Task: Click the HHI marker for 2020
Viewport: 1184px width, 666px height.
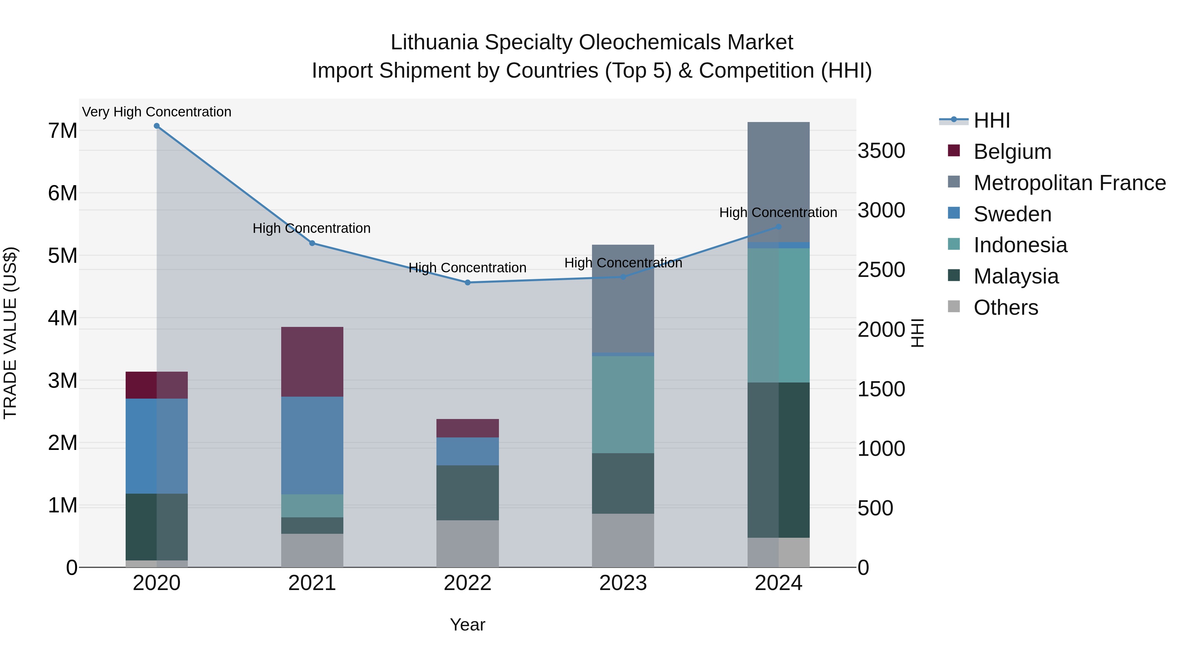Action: click(x=157, y=126)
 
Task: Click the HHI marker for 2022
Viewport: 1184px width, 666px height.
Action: click(x=467, y=283)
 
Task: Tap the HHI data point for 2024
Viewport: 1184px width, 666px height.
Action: click(x=778, y=227)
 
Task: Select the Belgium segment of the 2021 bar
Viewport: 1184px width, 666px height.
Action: click(x=312, y=362)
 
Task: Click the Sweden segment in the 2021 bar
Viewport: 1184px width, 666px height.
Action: click(x=312, y=445)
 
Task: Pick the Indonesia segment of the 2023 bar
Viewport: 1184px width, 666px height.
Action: click(x=623, y=405)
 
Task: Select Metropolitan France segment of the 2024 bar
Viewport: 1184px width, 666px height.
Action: click(x=778, y=182)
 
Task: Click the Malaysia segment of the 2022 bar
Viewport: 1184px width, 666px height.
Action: click(x=467, y=493)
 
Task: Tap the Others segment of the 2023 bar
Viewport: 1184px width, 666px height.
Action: click(x=623, y=540)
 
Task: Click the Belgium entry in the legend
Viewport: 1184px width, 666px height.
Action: click(x=1012, y=152)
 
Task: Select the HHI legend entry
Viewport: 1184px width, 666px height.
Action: click(x=991, y=120)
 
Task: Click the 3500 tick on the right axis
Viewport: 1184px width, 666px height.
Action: click(x=881, y=151)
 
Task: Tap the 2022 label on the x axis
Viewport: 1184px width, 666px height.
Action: click(x=467, y=583)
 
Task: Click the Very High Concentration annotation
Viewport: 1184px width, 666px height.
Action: click(x=157, y=112)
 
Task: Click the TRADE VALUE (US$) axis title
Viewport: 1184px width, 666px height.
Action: click(x=10, y=333)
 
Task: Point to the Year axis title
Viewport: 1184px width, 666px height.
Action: click(x=467, y=625)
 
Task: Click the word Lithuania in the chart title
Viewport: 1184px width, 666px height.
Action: click(x=434, y=42)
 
